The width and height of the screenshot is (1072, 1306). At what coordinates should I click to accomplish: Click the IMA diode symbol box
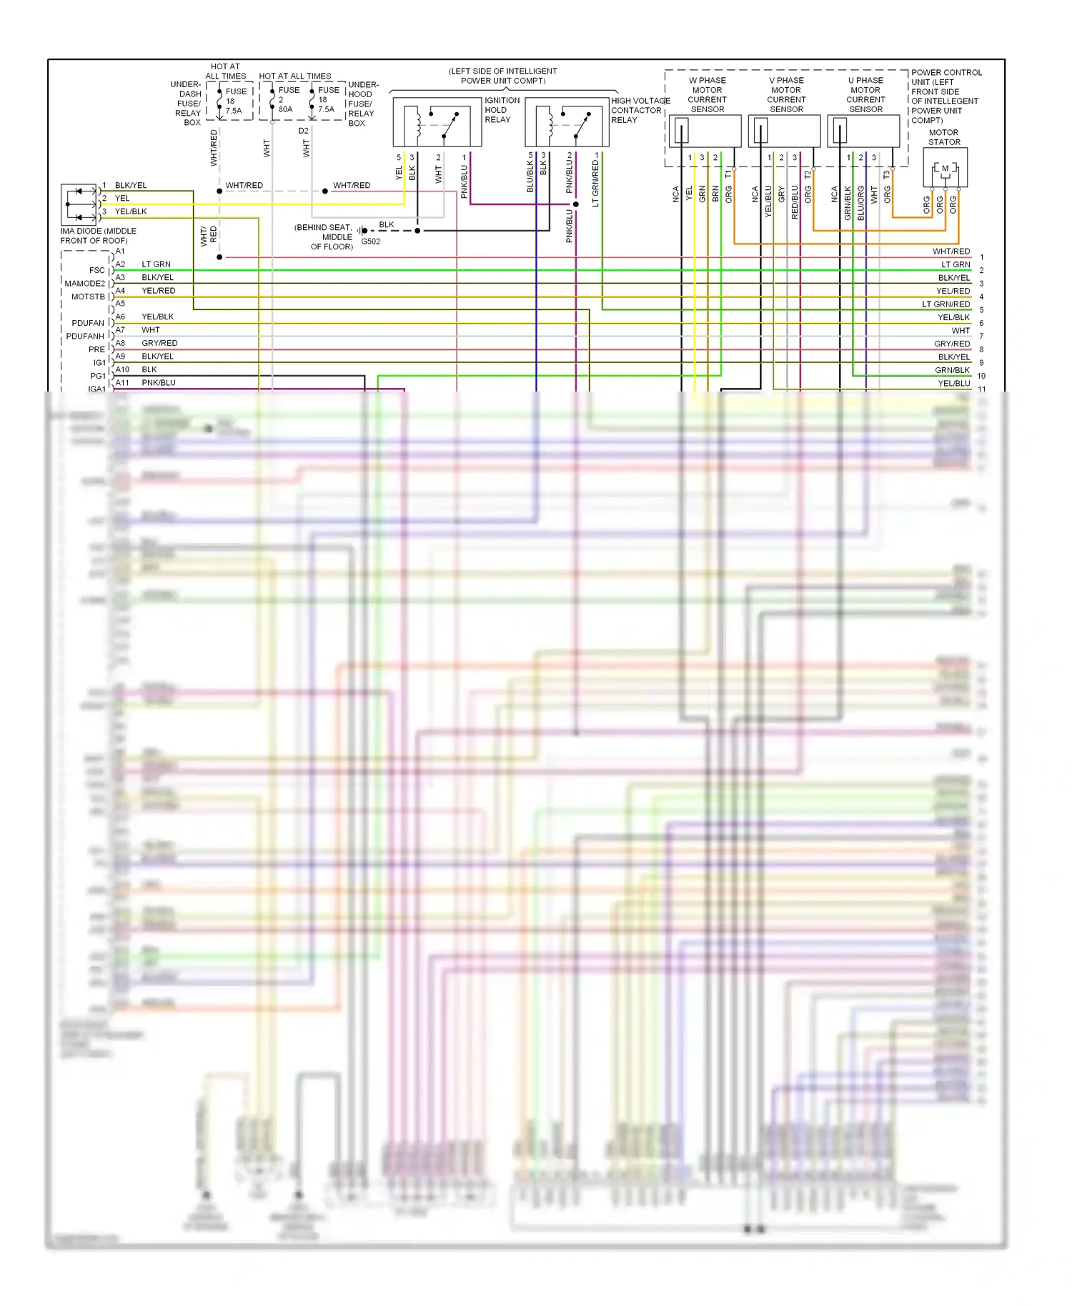tap(79, 204)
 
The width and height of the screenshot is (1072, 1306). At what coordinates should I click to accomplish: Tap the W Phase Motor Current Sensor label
tap(707, 95)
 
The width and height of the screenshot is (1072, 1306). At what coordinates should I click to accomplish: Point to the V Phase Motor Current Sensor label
tap(786, 95)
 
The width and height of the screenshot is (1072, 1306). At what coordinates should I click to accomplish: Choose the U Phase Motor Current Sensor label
tap(865, 95)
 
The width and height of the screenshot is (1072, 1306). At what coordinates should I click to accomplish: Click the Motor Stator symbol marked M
tap(945, 169)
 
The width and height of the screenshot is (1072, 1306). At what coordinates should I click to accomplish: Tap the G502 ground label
tap(371, 241)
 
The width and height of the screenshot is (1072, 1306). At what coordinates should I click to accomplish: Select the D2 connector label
tap(304, 131)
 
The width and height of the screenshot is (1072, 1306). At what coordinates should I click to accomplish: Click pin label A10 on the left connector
tap(122, 369)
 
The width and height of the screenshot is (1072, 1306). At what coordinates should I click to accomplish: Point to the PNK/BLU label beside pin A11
tap(159, 383)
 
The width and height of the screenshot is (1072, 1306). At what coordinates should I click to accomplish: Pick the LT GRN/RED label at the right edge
tap(946, 304)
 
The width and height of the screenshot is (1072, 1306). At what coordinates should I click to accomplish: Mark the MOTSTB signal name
tap(88, 296)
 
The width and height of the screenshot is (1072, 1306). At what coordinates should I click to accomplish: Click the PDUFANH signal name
tap(85, 336)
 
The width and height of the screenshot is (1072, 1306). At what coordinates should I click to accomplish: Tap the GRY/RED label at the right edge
tap(952, 344)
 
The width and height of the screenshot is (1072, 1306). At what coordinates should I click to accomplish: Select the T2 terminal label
tap(808, 175)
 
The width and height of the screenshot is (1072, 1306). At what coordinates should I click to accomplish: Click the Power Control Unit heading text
tap(946, 73)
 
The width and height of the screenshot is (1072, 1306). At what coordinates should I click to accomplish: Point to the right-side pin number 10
tap(981, 376)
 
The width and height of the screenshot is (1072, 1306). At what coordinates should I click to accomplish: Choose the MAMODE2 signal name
tap(84, 284)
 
